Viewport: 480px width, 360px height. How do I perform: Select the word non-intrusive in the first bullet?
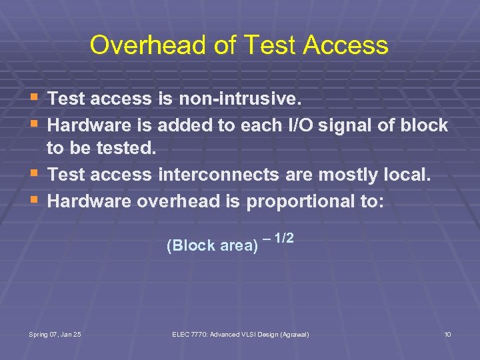click(239, 99)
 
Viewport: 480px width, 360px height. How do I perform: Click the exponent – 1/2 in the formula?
click(279, 238)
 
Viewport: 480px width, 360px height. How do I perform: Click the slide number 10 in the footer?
click(447, 334)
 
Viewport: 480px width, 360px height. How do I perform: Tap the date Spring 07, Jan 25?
click(55, 334)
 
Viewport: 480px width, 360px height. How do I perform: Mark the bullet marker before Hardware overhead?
click(35, 201)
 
